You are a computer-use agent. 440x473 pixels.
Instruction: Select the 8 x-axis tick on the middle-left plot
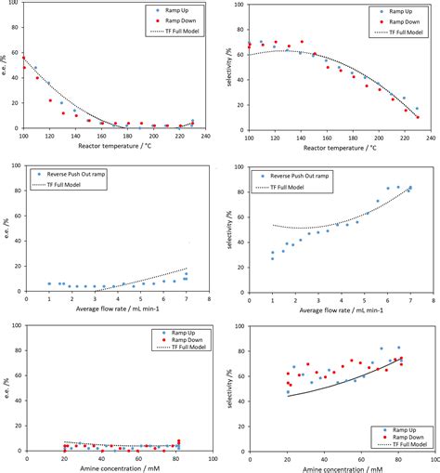[x=211, y=299]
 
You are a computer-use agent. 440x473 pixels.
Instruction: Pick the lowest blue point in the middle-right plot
[x=272, y=257]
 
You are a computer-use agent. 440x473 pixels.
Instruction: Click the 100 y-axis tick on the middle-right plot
[x=239, y=168]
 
